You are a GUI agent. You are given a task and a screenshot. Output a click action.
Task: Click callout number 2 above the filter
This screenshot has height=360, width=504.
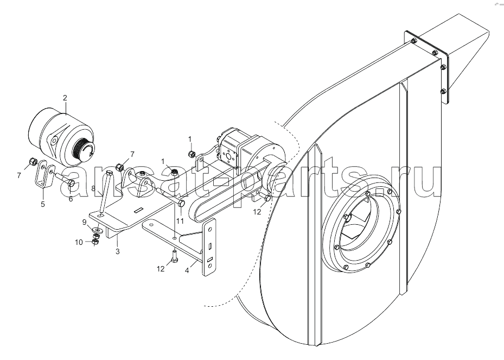coord(65,98)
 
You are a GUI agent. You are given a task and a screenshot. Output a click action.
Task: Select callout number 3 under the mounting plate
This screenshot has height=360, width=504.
coord(118,251)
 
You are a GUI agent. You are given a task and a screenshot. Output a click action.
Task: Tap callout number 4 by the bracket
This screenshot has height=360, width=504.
coord(187,271)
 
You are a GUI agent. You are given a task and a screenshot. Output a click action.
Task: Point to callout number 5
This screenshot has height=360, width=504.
coord(43,204)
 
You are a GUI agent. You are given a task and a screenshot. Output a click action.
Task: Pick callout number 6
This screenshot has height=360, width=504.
coord(71,199)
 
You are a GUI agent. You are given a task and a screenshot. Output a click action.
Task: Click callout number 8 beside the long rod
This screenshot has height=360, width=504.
coord(93,188)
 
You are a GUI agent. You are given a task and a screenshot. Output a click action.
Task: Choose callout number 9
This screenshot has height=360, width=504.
coord(84,222)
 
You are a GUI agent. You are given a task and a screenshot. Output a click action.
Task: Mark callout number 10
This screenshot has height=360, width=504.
coord(79,242)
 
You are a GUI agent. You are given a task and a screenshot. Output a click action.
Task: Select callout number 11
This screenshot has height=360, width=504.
coord(180,221)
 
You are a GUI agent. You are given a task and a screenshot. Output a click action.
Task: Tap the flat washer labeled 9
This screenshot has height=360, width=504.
coord(98,230)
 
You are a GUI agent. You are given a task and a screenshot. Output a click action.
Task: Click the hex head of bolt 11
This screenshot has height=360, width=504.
coord(181,203)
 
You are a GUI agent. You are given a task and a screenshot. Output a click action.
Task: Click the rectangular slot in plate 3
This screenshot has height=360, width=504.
coord(138,210)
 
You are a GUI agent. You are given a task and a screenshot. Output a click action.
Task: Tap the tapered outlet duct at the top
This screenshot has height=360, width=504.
coord(463,55)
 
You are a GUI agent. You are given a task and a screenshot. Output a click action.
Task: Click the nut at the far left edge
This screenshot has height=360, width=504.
coord(33,161)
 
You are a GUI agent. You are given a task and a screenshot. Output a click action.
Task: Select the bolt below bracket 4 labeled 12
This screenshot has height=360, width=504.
coord(174,256)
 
